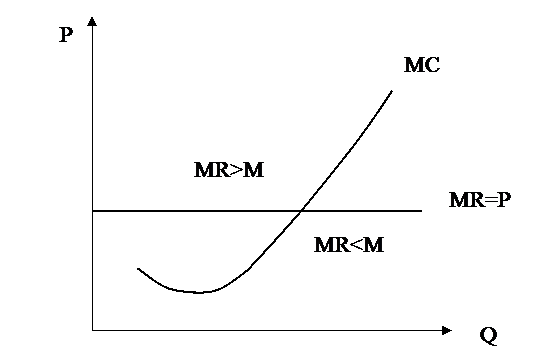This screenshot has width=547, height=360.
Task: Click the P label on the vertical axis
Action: tap(66, 35)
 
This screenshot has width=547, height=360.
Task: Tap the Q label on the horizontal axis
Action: tap(488, 336)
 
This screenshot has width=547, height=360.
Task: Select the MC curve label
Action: tap(422, 65)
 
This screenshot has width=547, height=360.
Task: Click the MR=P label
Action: tap(480, 200)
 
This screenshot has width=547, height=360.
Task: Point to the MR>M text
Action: tap(229, 170)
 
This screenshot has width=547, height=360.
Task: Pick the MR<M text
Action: tap(349, 244)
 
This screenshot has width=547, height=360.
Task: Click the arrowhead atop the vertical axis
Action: tap(92, 21)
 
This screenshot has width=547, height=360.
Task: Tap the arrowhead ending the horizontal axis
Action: tap(447, 330)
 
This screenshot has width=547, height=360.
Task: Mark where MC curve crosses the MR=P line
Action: tap(302, 211)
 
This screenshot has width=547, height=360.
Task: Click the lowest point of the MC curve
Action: tap(199, 292)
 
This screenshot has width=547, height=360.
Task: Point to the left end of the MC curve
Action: tap(138, 269)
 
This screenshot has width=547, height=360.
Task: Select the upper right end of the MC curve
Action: tap(392, 91)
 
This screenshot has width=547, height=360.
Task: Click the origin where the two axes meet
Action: tap(92, 330)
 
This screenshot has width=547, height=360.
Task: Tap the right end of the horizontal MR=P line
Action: tap(422, 211)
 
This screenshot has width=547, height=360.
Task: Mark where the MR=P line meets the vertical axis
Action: tap(92, 211)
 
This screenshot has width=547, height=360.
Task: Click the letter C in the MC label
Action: tap(433, 65)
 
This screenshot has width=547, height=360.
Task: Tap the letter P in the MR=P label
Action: tap(504, 200)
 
